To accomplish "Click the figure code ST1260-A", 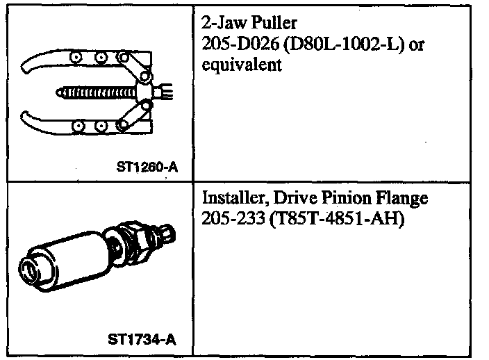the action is pyautogui.click(x=147, y=167).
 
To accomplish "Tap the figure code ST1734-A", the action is pyautogui.click(x=142, y=339).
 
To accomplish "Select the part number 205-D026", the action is pyautogui.click(x=240, y=44).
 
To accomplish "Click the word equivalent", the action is pyautogui.click(x=242, y=65).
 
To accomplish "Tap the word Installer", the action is pyautogui.click(x=235, y=198).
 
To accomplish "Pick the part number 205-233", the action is pyautogui.click(x=233, y=218).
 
